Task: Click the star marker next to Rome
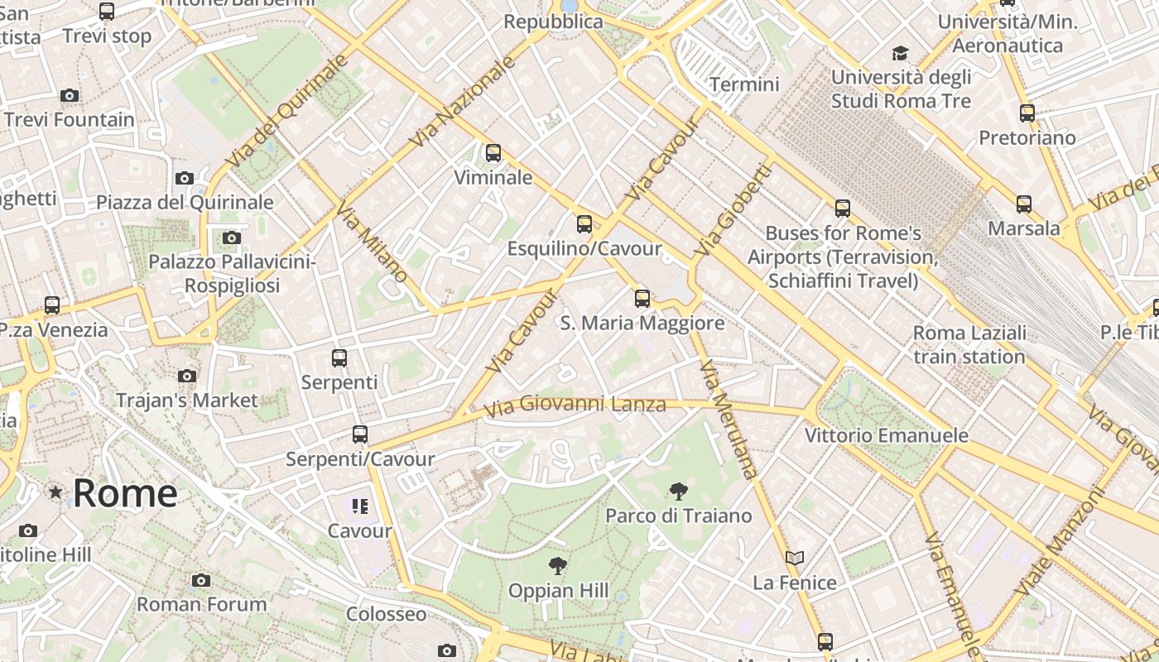click(x=55, y=492)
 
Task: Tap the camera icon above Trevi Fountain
click(x=70, y=95)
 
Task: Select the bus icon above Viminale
click(x=493, y=153)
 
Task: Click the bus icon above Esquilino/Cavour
click(x=584, y=223)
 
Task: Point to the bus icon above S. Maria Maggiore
click(x=642, y=299)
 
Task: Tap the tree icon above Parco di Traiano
click(x=678, y=492)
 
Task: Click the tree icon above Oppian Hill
click(x=559, y=566)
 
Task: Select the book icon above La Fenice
click(x=795, y=559)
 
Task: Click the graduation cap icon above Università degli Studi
click(x=900, y=54)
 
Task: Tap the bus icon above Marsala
click(x=1024, y=204)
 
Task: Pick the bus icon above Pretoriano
click(x=1027, y=113)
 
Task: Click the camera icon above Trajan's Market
click(x=187, y=376)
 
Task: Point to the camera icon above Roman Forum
click(x=201, y=580)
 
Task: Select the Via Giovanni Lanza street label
click(x=575, y=405)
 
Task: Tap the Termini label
click(x=745, y=84)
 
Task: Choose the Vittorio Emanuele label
click(x=887, y=435)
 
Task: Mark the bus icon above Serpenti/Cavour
click(x=360, y=434)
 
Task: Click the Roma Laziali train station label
click(x=969, y=345)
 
